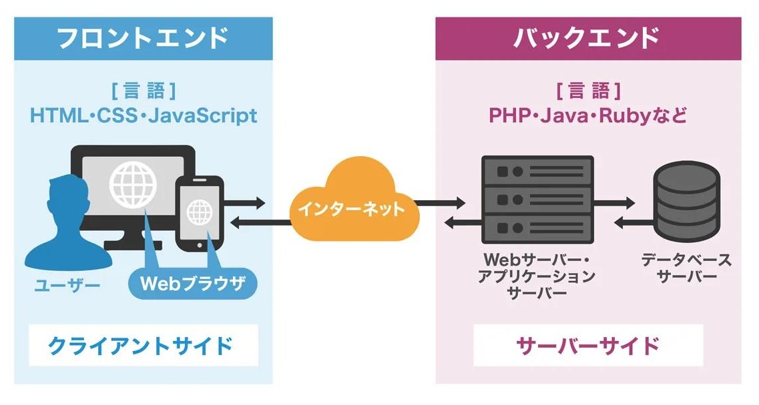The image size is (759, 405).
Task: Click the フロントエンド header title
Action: click(x=143, y=38)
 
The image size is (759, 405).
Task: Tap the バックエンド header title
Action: click(x=587, y=38)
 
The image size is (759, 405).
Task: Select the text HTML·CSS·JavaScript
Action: click(x=143, y=115)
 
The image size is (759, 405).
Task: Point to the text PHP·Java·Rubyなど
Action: click(x=587, y=115)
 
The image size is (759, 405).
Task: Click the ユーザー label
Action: click(x=67, y=287)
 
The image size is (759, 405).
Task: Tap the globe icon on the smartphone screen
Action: click(x=198, y=212)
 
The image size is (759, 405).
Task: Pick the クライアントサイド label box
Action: click(x=142, y=346)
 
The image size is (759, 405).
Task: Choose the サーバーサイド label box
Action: click(x=587, y=346)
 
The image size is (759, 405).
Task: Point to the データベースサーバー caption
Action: click(x=686, y=268)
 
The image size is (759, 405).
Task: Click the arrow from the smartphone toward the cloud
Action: click(x=247, y=202)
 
